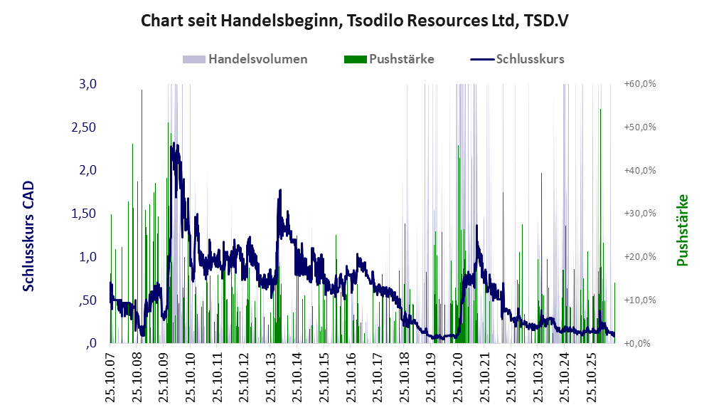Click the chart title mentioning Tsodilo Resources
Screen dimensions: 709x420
[354, 21]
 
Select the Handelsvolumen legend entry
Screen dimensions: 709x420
[245, 59]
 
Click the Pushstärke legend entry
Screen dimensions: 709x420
[389, 59]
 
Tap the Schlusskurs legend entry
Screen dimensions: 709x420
[517, 59]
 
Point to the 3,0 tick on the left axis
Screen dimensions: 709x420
[88, 84]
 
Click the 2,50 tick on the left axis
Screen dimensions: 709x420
[84, 127]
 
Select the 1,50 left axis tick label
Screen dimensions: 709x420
[84, 214]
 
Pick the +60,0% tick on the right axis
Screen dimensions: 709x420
[640, 84]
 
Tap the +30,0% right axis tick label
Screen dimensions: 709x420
[640, 213]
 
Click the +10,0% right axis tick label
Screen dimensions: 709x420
[640, 300]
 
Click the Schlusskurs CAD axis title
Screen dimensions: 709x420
[28, 236]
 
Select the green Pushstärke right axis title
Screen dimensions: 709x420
[682, 230]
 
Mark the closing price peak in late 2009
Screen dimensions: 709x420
[174, 143]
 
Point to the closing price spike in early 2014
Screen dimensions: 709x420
[280, 190]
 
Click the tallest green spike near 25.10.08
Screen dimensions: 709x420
[142, 90]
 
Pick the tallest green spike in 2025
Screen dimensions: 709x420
[600, 110]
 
